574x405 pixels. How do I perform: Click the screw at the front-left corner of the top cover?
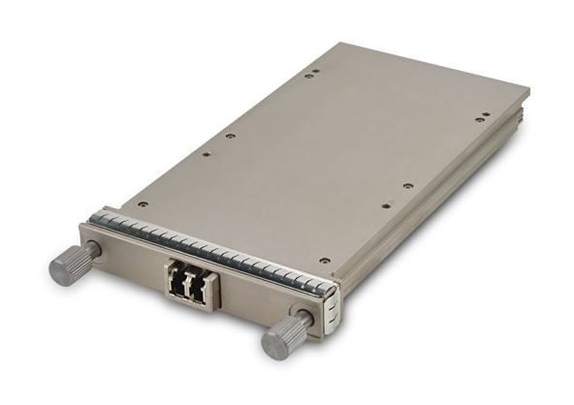tap(143, 204)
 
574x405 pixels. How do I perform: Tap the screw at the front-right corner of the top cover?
tap(324, 261)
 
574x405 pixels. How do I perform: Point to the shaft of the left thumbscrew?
tap(92, 250)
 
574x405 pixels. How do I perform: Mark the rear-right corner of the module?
tap(526, 93)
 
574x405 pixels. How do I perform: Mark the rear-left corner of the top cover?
tap(333, 45)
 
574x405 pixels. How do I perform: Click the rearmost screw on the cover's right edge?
tap(482, 118)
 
